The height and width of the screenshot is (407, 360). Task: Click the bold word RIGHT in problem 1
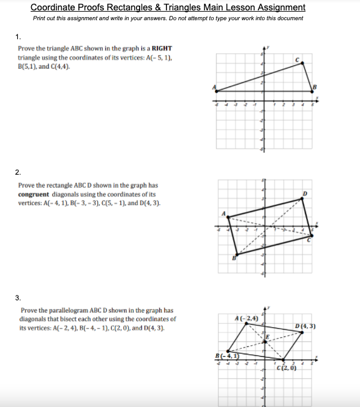[162, 48]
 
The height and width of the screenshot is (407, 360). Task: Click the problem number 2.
[18, 172]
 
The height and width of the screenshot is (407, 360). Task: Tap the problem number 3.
[18, 298]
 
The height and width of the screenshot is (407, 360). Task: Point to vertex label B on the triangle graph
[316, 86]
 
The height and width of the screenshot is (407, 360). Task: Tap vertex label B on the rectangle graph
[233, 259]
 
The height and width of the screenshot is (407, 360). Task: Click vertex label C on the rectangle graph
[309, 240]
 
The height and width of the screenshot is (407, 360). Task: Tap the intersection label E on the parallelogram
[267, 337]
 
